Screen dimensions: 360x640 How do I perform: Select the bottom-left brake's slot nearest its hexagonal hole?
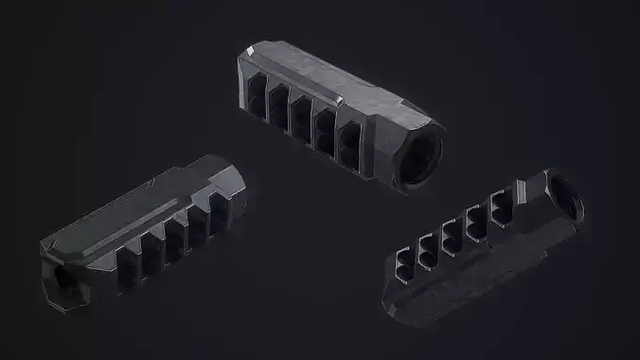click(x=131, y=260)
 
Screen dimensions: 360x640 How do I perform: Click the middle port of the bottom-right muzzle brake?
click(x=451, y=231)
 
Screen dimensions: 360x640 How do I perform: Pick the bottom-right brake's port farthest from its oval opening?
click(x=406, y=259)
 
